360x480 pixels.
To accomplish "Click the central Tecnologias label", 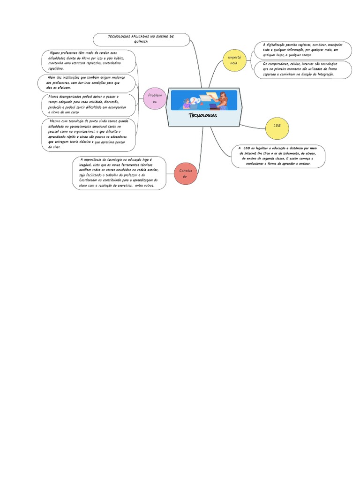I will pos(202,115).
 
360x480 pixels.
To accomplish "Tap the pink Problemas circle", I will pos(155,98).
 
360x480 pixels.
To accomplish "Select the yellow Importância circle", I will pos(233,60).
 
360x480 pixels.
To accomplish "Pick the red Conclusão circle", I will pos(185,173).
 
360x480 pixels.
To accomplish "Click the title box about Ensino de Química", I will pos(141,39).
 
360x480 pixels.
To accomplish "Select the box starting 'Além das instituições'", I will pos(87,82).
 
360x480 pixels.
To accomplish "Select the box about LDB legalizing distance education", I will pos(277,156).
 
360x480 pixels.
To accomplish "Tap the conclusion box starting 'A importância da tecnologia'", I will pos(120,173).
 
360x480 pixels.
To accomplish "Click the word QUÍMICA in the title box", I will pos(141,42).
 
